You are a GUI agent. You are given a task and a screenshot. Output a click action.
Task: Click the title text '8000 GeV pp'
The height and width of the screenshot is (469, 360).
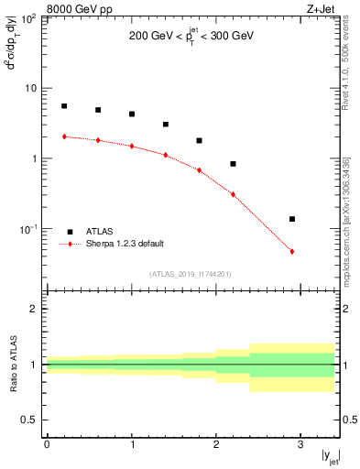pyautogui.click(x=73, y=10)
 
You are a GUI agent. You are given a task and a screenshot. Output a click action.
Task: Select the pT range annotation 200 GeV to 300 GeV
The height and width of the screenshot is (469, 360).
pyautogui.click(x=191, y=38)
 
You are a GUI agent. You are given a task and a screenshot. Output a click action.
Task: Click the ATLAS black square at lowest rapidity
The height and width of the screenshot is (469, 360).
pyautogui.click(x=64, y=106)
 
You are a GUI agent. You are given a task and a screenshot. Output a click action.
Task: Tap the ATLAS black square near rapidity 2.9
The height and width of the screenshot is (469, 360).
pyautogui.click(x=292, y=219)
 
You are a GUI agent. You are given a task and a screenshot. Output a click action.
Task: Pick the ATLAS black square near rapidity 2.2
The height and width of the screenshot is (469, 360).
pyautogui.click(x=233, y=164)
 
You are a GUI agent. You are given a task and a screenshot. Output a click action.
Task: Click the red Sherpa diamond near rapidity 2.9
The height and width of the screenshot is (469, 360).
pyautogui.click(x=292, y=251)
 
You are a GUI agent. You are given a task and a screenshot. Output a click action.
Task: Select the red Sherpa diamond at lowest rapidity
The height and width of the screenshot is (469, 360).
pyautogui.click(x=64, y=136)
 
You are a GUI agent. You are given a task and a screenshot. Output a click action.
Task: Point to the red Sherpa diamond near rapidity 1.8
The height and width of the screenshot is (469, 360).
pyautogui.click(x=199, y=169)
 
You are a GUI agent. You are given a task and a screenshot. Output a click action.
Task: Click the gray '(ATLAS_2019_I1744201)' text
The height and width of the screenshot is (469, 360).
pyautogui.click(x=191, y=273)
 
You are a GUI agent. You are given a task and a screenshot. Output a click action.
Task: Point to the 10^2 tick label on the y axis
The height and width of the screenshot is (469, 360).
pyautogui.click(x=29, y=18)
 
